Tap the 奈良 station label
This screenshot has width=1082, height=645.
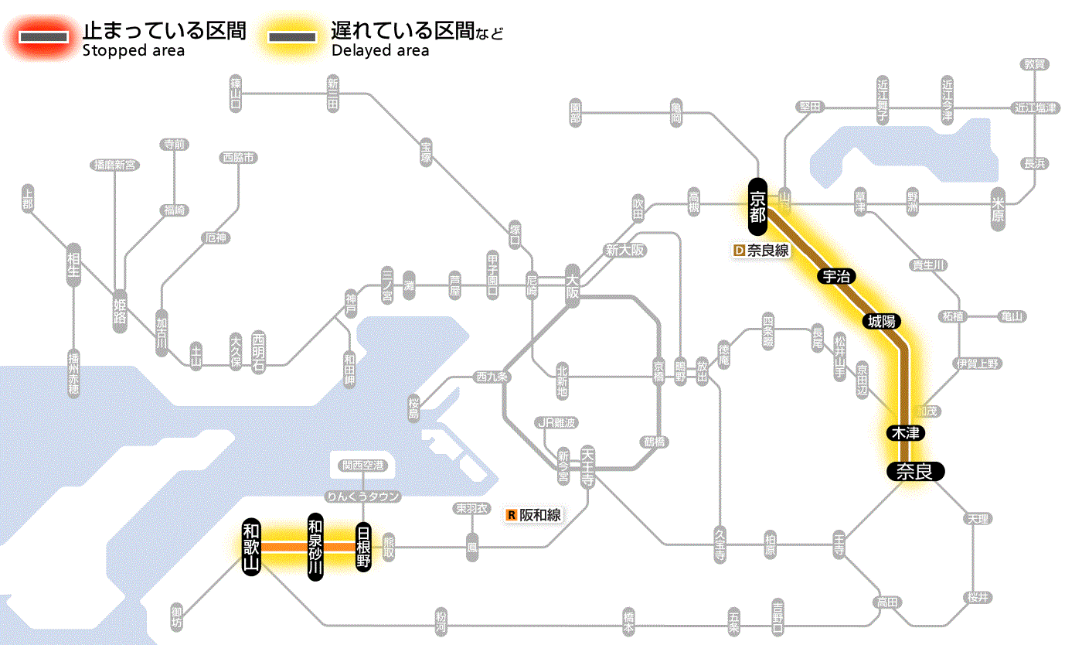point(915,471)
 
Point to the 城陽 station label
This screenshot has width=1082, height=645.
point(883,321)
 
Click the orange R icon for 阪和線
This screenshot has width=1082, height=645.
point(511,514)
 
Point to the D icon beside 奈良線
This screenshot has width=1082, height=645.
point(738,251)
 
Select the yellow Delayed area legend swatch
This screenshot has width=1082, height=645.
point(291,37)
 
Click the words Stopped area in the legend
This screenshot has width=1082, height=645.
point(133,51)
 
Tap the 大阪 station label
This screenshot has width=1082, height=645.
point(573,286)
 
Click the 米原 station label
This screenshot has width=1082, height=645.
point(998,207)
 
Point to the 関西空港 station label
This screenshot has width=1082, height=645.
point(362,466)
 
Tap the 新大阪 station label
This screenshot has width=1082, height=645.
point(624,250)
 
